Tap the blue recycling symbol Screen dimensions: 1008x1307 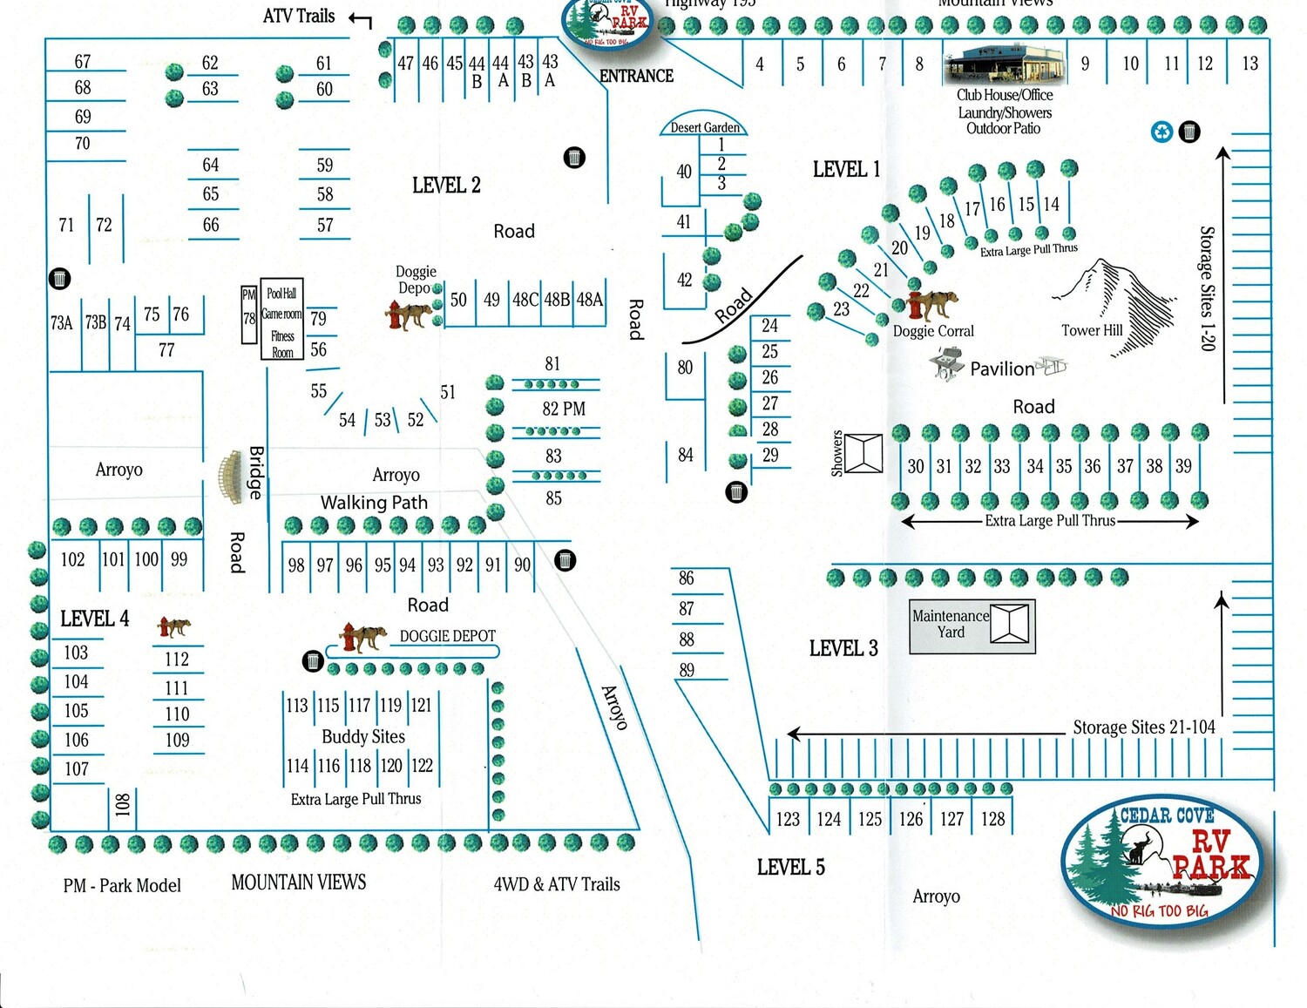click(x=1162, y=132)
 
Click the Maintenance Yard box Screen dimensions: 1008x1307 click(x=972, y=625)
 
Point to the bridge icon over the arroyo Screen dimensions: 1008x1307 click(x=230, y=477)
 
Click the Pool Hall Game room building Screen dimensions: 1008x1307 click(x=281, y=322)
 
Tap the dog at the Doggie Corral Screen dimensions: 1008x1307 click(x=933, y=306)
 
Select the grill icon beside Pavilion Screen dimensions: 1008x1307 click(x=947, y=362)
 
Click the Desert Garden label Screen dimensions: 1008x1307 click(x=704, y=127)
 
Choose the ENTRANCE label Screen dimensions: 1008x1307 click(x=636, y=76)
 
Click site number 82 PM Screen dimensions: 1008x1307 click(x=563, y=409)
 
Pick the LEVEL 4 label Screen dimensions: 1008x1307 click(x=94, y=619)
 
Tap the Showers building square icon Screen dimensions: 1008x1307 click(x=863, y=453)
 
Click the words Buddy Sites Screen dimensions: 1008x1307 click(x=363, y=736)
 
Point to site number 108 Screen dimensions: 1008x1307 click(x=122, y=803)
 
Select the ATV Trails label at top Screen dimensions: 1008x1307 click(x=298, y=16)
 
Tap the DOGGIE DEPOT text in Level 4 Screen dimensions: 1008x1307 click(x=447, y=636)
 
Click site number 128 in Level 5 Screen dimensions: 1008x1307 click(x=992, y=819)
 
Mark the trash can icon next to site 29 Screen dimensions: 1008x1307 click(x=736, y=492)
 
